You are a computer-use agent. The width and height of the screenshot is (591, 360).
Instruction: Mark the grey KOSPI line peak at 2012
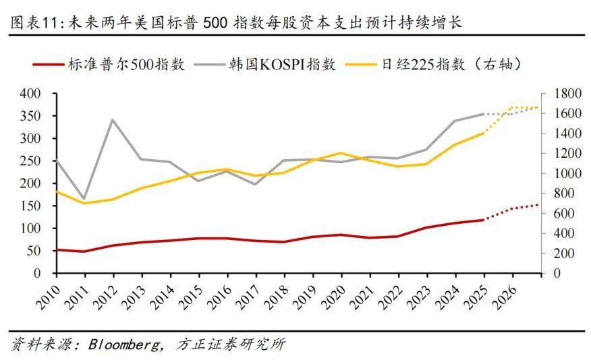click(113, 120)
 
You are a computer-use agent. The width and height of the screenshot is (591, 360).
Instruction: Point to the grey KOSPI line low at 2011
click(85, 199)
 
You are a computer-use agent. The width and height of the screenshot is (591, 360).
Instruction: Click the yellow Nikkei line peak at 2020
click(341, 153)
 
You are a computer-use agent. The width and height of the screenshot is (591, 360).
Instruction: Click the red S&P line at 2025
click(483, 220)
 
